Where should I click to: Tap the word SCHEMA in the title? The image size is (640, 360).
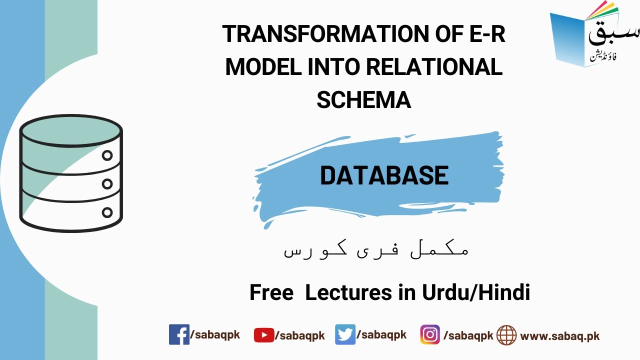363,100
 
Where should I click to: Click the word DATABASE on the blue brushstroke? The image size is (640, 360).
384,175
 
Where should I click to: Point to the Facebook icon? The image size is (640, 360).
179,334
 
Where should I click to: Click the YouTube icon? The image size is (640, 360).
263,335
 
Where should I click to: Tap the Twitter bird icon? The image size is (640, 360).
345,334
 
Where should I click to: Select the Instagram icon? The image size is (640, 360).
430,334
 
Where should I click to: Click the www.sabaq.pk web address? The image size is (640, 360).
560,335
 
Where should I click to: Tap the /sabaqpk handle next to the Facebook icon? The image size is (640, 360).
215,335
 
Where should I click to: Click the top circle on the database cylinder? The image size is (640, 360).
107,155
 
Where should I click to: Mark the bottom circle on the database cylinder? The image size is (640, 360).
107,212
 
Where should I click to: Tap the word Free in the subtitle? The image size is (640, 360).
271,292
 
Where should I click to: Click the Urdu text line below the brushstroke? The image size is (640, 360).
376,250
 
